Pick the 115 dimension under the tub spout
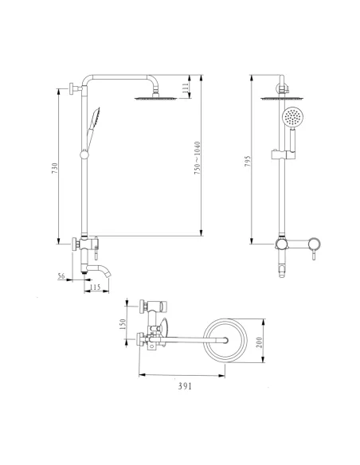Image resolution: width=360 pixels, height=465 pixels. [x=96, y=287]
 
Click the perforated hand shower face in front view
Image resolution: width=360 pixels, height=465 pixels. [x=294, y=119]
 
